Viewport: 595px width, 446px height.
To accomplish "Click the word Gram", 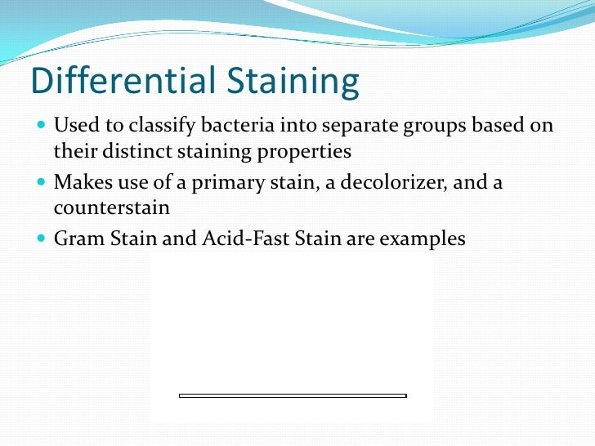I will pyautogui.click(x=78, y=239).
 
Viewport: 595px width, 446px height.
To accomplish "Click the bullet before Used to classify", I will pyautogui.click(x=42, y=127).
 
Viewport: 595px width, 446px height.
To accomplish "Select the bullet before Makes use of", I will pyautogui.click(x=42, y=182).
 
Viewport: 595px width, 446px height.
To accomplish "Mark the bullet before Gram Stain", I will pyautogui.click(x=42, y=239).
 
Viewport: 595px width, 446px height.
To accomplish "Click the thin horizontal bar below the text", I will pyautogui.click(x=293, y=396).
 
